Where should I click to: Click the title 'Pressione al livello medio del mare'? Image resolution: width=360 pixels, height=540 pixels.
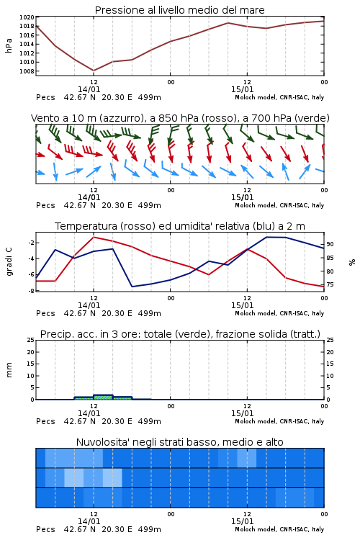pyautogui.click(x=179, y=10)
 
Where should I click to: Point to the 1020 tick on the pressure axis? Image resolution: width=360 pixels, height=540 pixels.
pyautogui.click(x=27, y=17)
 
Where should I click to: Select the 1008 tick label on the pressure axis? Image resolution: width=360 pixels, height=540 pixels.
pyautogui.click(x=27, y=71)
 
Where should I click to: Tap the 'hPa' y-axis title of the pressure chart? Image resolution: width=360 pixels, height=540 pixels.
pyautogui.click(x=9, y=45)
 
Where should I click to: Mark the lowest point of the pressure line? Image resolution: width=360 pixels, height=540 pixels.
pyautogui.click(x=94, y=71)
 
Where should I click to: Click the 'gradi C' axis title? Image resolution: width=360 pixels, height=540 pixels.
pyautogui.click(x=9, y=261)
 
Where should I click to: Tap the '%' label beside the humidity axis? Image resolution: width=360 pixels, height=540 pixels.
pyautogui.click(x=352, y=262)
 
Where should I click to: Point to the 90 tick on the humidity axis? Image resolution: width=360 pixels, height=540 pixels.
pyautogui.click(x=330, y=244)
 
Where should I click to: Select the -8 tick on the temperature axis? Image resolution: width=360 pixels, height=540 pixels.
pyautogui.click(x=31, y=291)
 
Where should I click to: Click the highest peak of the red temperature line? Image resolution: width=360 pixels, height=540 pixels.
pyautogui.click(x=94, y=238)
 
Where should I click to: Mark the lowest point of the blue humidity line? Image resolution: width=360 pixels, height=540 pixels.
pyautogui.click(x=132, y=287)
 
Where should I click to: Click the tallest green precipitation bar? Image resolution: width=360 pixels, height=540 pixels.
pyautogui.click(x=103, y=397)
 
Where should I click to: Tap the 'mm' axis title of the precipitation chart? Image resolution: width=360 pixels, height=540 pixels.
pyautogui.click(x=9, y=369)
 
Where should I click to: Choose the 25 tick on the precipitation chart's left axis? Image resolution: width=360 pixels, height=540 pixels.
pyautogui.click(x=31, y=340)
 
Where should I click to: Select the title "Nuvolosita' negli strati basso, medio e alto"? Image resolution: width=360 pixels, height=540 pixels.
pyautogui.click(x=179, y=442)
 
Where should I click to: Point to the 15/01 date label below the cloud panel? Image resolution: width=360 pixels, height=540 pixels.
pyautogui.click(x=242, y=521)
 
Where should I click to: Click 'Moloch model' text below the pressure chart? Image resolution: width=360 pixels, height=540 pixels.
pyautogui.click(x=256, y=97)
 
